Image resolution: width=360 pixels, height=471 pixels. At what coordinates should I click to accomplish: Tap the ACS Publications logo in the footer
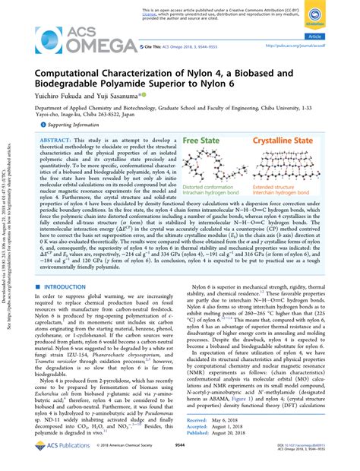pyautogui.click(x=47, y=461)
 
